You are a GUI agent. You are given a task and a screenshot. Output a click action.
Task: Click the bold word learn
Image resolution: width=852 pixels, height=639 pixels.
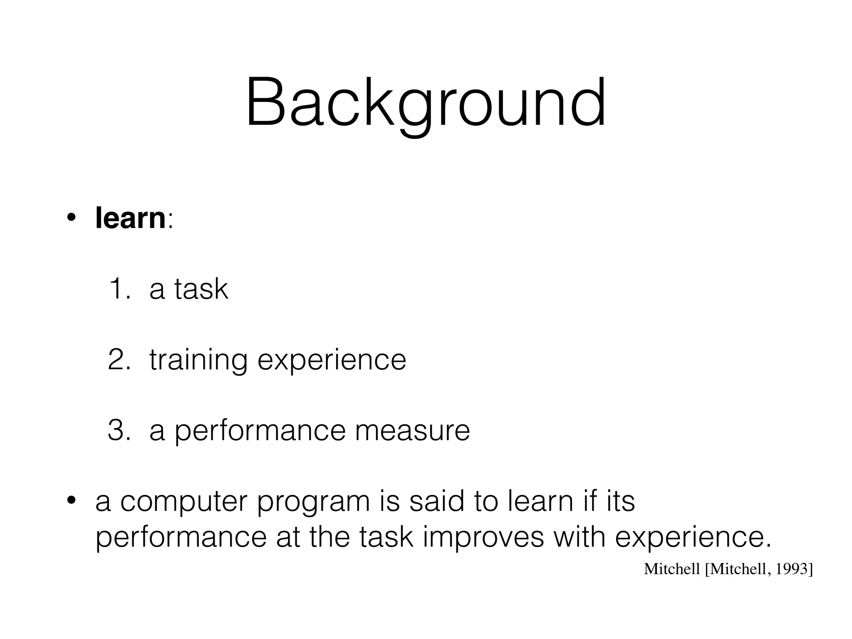point(130,218)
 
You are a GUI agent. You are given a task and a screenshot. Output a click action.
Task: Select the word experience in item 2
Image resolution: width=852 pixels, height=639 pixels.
point(332,360)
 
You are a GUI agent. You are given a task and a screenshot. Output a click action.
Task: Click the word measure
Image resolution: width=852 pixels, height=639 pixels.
point(412,431)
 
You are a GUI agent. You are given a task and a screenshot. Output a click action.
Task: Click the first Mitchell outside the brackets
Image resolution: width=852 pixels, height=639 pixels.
point(671,569)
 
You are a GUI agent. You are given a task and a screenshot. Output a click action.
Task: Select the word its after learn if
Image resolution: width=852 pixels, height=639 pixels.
point(620,501)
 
